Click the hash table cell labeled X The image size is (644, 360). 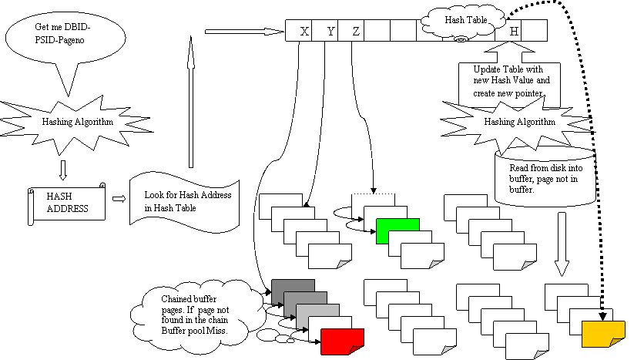(x=299, y=30)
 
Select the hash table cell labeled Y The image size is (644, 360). (x=325, y=30)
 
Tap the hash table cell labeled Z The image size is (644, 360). (x=351, y=30)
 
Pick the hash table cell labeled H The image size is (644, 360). (x=508, y=31)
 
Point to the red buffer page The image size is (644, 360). (x=342, y=341)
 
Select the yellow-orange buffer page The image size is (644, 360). (x=603, y=334)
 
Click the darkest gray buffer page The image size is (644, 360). (x=293, y=287)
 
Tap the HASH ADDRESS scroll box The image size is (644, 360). (x=66, y=204)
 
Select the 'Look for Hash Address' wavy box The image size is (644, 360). (x=184, y=202)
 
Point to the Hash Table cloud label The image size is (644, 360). (x=464, y=22)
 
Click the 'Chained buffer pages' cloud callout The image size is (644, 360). (x=197, y=315)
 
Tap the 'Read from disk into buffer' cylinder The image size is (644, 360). (x=545, y=177)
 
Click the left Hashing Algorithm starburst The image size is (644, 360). (x=77, y=122)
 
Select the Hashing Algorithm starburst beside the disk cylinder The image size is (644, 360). (x=518, y=123)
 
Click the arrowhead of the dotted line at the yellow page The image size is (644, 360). (x=602, y=316)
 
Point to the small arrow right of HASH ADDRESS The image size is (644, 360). (x=119, y=199)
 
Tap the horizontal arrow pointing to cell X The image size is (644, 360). (x=244, y=32)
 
